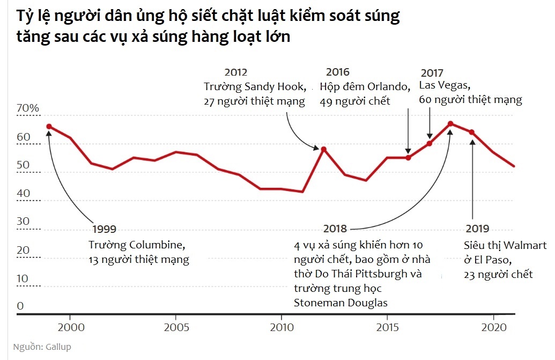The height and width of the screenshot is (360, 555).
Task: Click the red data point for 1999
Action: pos(49,127)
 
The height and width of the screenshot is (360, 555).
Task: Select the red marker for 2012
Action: pos(323,149)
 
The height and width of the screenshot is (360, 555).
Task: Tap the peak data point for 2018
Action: pos(450,124)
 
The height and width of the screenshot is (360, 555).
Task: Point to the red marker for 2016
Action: pos(408,158)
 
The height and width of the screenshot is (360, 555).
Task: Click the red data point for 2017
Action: pos(430,143)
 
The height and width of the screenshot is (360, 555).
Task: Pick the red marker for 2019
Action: pos(472,132)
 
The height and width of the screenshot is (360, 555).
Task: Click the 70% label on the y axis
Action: pos(28,108)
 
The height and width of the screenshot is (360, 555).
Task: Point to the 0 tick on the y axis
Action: pos(20,306)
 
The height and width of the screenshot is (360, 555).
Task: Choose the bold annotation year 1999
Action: pos(103,229)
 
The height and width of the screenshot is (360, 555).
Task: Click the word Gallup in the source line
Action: pos(56,347)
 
